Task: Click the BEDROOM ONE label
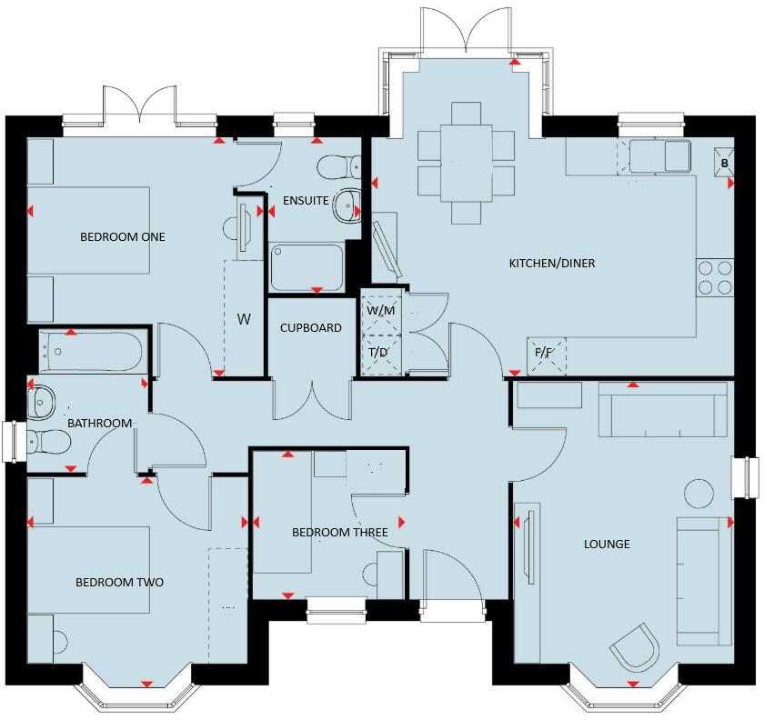(x=123, y=236)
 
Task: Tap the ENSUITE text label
(x=306, y=200)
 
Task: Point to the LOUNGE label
(x=607, y=545)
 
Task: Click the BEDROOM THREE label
(x=339, y=533)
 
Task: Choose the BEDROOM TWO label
(x=119, y=582)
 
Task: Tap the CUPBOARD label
(x=311, y=328)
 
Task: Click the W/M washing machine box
(x=382, y=310)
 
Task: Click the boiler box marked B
(x=724, y=163)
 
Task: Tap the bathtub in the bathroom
(x=91, y=350)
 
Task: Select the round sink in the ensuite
(x=347, y=206)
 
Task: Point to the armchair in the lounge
(x=634, y=648)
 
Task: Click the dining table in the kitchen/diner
(x=466, y=164)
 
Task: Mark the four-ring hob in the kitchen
(x=714, y=277)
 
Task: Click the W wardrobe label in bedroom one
(x=244, y=319)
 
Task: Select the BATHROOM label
(x=100, y=423)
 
